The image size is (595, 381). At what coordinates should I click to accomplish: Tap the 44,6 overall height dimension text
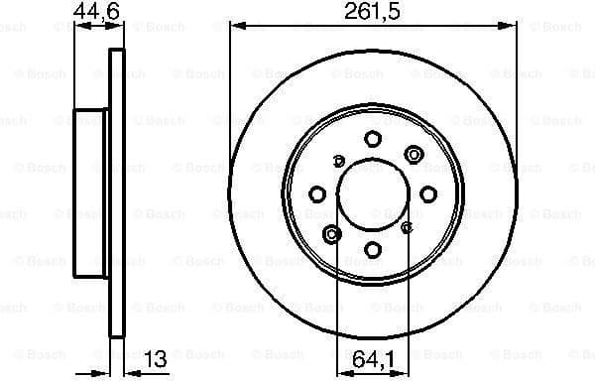pyautogui.click(x=96, y=12)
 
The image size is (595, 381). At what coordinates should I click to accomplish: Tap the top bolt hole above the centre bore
pyautogui.click(x=373, y=139)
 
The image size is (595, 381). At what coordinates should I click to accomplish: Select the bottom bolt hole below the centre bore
pyautogui.click(x=373, y=250)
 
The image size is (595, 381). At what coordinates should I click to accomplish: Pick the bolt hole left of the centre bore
pyautogui.click(x=317, y=194)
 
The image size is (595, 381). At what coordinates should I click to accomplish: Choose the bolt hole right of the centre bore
pyautogui.click(x=428, y=194)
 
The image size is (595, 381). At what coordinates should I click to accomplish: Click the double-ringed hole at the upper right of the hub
pyautogui.click(x=414, y=154)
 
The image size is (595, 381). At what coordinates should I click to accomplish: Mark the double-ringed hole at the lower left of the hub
pyautogui.click(x=332, y=234)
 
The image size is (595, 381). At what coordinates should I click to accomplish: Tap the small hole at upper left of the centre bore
pyautogui.click(x=339, y=162)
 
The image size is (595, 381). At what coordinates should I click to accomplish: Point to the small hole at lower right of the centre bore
pyautogui.click(x=407, y=227)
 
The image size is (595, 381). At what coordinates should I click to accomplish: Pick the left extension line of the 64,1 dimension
pyautogui.click(x=337, y=298)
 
